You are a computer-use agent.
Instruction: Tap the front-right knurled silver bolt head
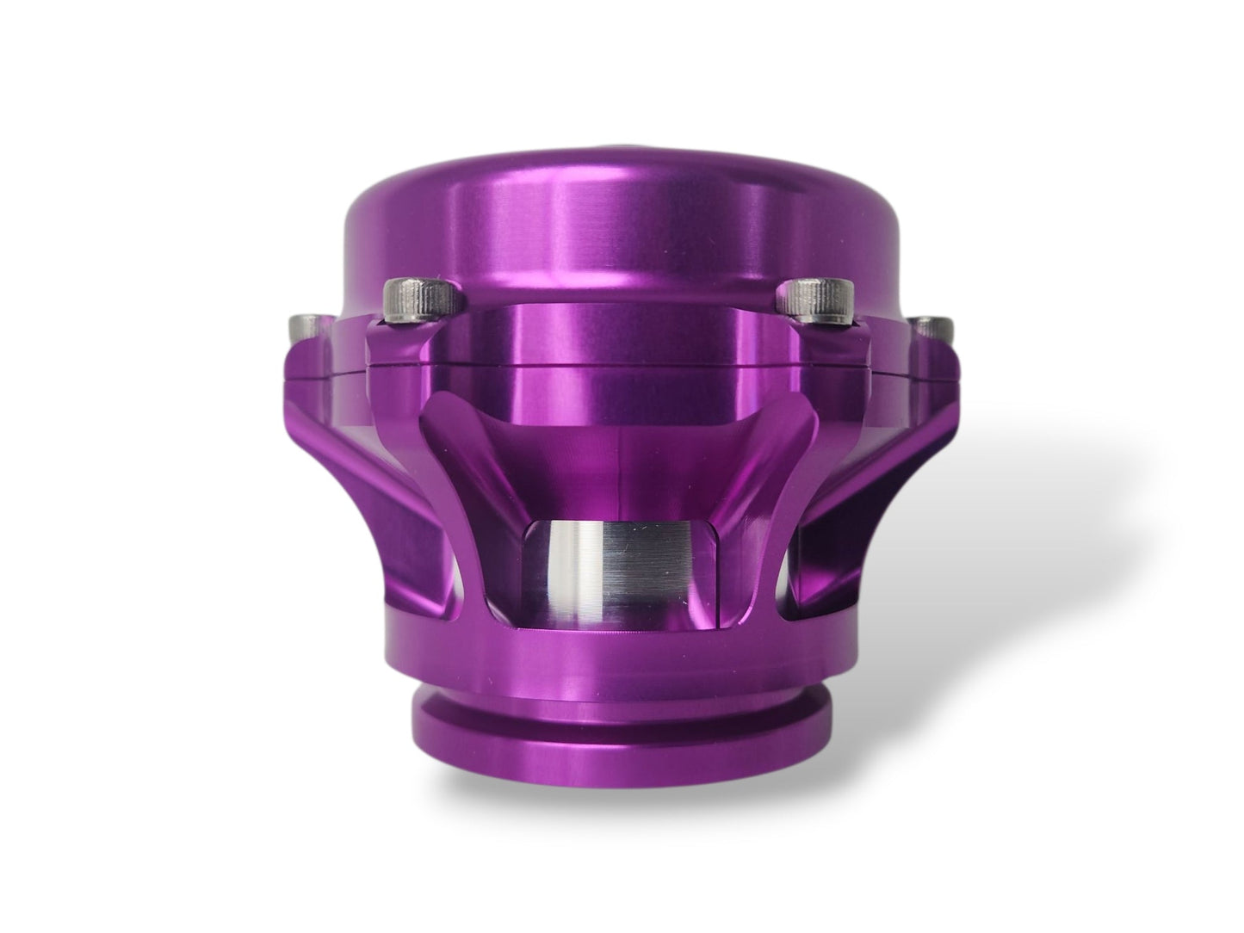pos(813,301)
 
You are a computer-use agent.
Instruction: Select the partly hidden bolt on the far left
pos(305,328)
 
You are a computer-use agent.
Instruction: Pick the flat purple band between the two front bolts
pos(617,336)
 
